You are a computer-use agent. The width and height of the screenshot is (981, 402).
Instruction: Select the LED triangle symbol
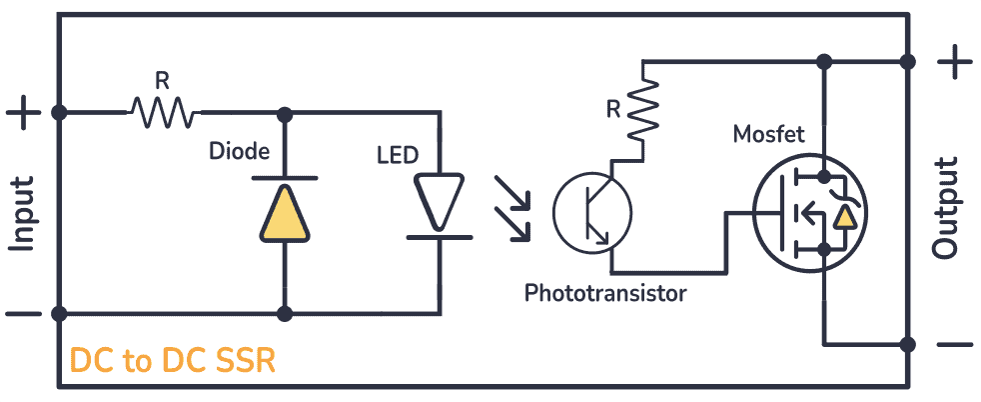point(440,200)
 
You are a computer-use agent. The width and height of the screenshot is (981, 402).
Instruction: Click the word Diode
point(239,152)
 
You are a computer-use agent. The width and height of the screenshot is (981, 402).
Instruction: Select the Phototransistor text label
point(605,293)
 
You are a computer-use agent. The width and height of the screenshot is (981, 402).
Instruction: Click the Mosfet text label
point(768,134)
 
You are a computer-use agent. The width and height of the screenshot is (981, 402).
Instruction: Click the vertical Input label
point(22,213)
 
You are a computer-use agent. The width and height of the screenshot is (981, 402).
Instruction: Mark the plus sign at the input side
point(23,112)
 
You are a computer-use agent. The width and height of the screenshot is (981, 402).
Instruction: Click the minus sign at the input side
point(23,314)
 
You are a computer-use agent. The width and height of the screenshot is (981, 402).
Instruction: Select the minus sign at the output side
point(955,345)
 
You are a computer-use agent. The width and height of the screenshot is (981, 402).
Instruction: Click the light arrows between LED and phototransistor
point(510,208)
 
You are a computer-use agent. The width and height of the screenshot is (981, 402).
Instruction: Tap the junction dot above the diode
point(285,112)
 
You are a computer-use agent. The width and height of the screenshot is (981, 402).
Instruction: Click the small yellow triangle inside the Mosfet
point(845,216)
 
